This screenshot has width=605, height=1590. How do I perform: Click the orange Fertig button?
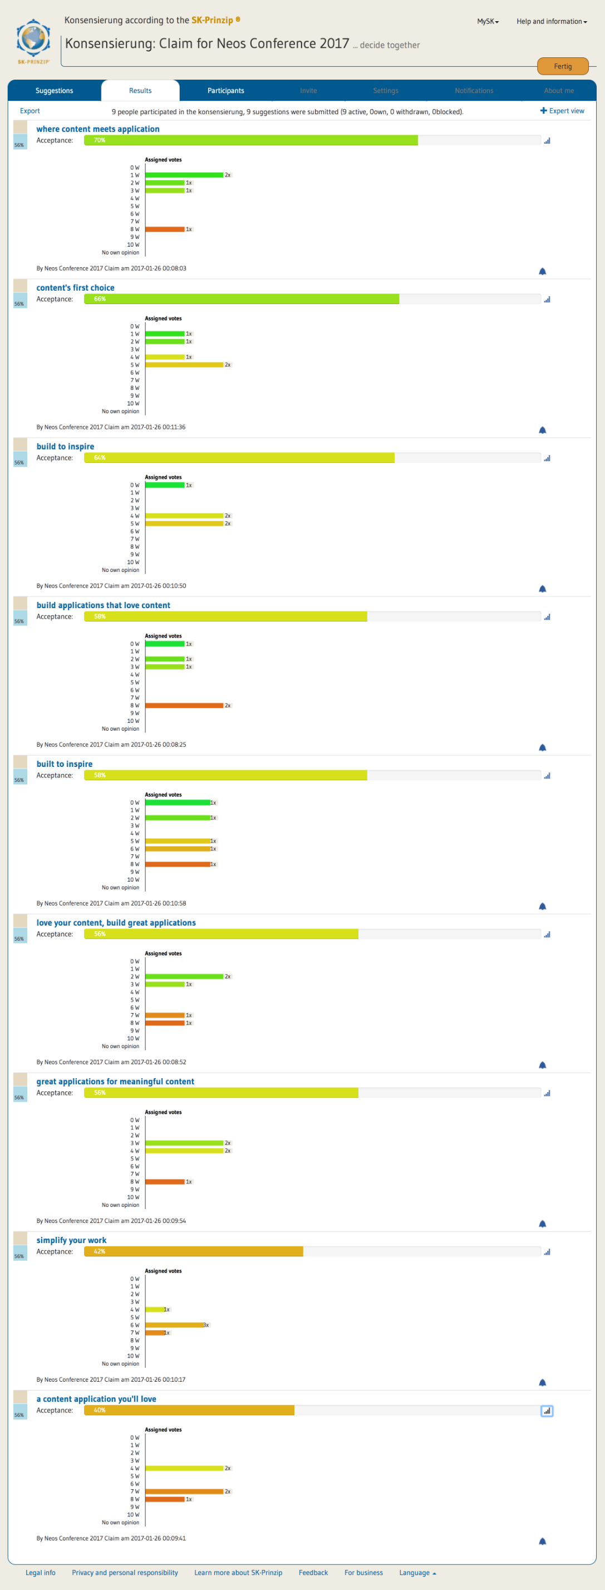[563, 66]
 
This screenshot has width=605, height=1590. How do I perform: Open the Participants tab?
[226, 91]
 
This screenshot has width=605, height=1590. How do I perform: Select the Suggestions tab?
[55, 91]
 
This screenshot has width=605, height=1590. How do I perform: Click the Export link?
[29, 111]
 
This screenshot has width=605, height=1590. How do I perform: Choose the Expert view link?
[563, 111]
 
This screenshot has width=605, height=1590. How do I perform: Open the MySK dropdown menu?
[488, 22]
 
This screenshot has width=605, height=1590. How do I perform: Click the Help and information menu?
[552, 22]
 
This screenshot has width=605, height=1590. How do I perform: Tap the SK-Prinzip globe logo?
[33, 41]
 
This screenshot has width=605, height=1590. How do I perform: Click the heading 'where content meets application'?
[97, 129]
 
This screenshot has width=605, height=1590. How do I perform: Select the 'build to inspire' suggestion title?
[65, 446]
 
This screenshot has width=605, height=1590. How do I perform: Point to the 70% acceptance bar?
[250, 141]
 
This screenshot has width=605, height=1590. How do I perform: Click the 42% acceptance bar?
[193, 1251]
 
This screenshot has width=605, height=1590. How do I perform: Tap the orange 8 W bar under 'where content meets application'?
[165, 229]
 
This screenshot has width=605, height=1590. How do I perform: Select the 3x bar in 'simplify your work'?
[175, 1324]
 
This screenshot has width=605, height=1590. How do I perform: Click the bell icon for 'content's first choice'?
[543, 430]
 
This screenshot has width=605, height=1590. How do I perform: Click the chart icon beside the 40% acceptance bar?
[547, 1411]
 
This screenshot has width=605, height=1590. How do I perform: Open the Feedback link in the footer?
[313, 1572]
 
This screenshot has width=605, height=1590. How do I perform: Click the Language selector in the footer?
[417, 1572]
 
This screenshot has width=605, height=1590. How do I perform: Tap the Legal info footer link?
[40, 1572]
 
